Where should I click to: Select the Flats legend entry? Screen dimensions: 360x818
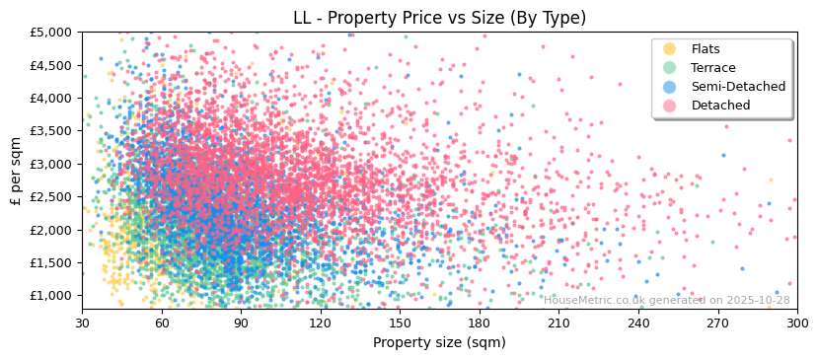(706, 49)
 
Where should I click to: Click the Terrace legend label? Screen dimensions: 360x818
(713, 68)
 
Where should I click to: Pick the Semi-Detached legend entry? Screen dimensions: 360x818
(738, 87)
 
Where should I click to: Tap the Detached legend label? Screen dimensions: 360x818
(720, 106)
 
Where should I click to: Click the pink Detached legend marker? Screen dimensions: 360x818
(670, 106)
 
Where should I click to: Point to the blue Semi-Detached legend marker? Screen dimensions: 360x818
(670, 87)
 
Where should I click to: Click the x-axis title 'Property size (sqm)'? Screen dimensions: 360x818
(439, 343)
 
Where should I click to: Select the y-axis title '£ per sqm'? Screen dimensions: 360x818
(16, 171)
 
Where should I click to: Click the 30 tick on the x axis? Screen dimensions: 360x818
(82, 323)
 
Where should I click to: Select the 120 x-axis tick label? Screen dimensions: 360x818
(321, 323)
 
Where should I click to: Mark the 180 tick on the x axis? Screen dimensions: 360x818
(480, 323)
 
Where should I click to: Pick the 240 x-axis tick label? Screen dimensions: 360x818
(638, 323)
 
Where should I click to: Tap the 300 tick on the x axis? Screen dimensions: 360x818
(796, 323)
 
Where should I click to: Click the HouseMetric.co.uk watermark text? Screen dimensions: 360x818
(666, 301)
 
